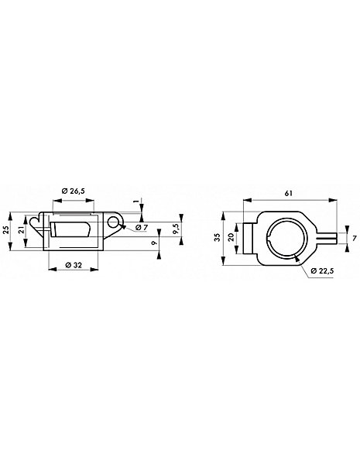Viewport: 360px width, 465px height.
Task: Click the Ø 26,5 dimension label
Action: (x=74, y=191)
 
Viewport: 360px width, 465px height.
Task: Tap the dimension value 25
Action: (x=5, y=229)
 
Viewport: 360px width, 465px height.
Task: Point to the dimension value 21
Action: (x=22, y=230)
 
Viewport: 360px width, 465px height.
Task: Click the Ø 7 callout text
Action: (x=142, y=227)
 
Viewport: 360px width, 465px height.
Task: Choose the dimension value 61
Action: (x=289, y=193)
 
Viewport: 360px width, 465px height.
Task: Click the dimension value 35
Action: (x=218, y=237)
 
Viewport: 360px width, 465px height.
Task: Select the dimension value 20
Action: (x=231, y=237)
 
